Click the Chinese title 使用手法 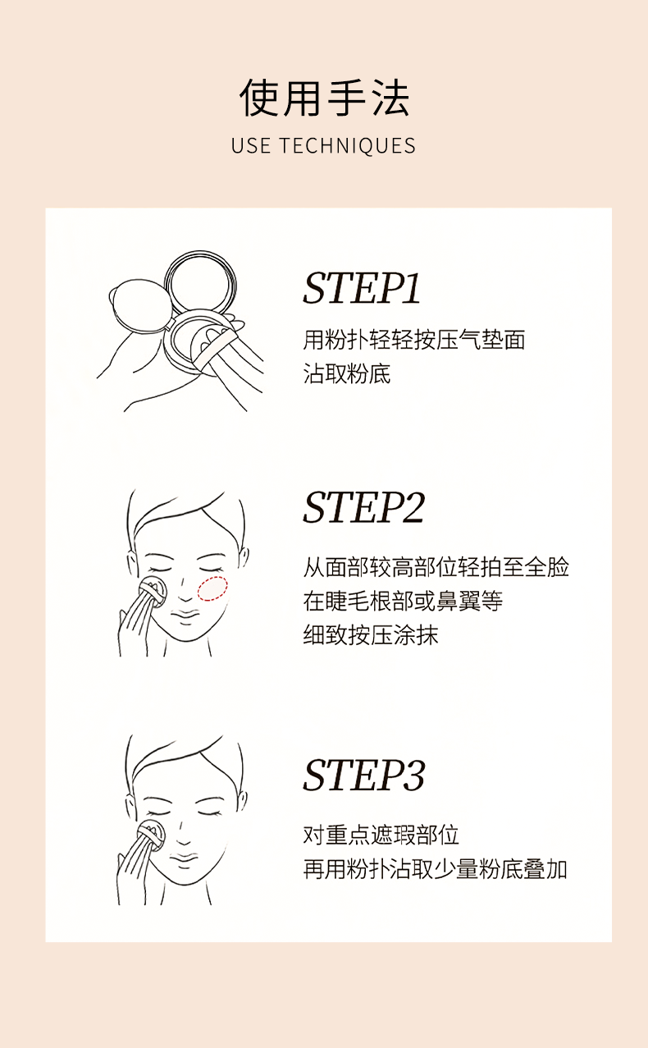pyautogui.click(x=325, y=98)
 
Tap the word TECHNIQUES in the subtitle pyautogui.click(x=347, y=145)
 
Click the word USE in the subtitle pyautogui.click(x=251, y=145)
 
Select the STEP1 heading pyautogui.click(x=362, y=288)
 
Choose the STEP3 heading pyautogui.click(x=363, y=775)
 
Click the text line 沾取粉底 pyautogui.click(x=346, y=373)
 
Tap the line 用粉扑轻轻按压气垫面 pyautogui.click(x=413, y=339)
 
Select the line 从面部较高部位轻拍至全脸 pyautogui.click(x=436, y=567)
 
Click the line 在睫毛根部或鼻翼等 pyautogui.click(x=403, y=602)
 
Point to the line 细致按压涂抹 pyautogui.click(x=370, y=635)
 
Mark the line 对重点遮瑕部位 pyautogui.click(x=381, y=835)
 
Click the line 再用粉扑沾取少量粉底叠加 pyautogui.click(x=435, y=869)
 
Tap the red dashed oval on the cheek pyautogui.click(x=212, y=588)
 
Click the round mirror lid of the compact pyautogui.click(x=200, y=281)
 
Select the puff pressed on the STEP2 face pyautogui.click(x=153, y=592)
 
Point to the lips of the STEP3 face pyautogui.click(x=185, y=858)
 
